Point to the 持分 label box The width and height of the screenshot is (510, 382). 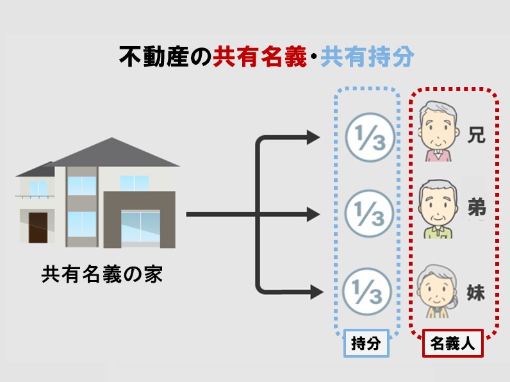click(x=366, y=344)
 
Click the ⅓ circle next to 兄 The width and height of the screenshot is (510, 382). click(x=366, y=137)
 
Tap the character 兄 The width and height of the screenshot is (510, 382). click(x=475, y=135)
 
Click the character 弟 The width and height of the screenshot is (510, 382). click(x=475, y=208)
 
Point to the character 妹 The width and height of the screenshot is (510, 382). click(x=475, y=293)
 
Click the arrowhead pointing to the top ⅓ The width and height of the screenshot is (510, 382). click(x=313, y=137)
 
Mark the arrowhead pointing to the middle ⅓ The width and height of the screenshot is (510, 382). click(x=313, y=214)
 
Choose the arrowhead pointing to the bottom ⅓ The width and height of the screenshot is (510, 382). click(x=313, y=293)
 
